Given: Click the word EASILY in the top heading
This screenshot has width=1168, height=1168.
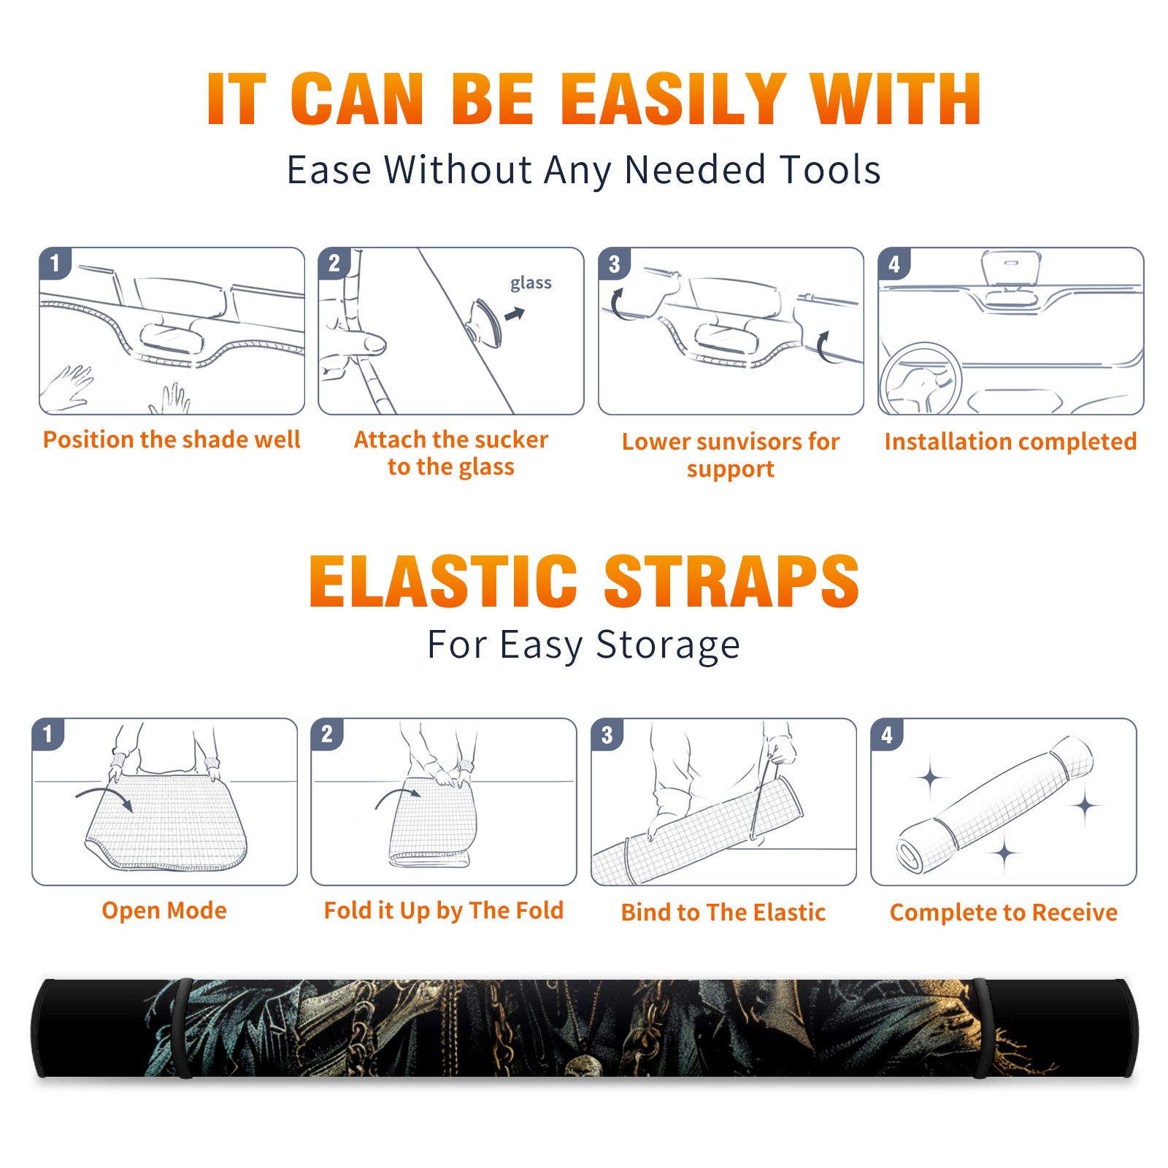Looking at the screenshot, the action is [672, 99].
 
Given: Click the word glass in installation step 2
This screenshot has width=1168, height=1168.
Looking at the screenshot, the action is [531, 283].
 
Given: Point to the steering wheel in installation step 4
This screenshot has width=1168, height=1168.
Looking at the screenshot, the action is [921, 379].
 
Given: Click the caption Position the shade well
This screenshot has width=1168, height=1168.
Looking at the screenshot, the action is [172, 439].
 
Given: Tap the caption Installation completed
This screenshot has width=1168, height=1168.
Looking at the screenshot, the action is [1010, 441].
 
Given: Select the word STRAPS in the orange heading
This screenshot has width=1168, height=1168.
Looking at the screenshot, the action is [731, 581].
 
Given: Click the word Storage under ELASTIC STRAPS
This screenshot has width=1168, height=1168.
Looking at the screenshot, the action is [668, 645].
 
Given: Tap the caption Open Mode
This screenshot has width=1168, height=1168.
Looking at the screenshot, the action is [164, 910].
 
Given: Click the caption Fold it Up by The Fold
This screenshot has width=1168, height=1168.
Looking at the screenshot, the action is [444, 910].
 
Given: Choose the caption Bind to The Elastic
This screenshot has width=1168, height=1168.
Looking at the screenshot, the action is [723, 912].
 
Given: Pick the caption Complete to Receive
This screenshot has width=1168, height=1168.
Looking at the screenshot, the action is [1004, 912].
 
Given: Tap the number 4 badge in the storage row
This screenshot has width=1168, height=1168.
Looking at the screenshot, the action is [887, 734].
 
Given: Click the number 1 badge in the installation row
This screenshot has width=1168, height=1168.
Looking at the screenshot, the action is [55, 263].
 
